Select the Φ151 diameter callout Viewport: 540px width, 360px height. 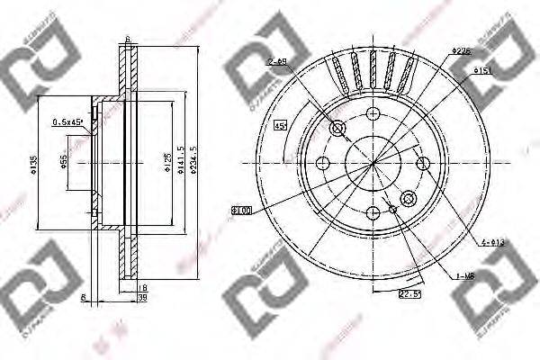coord(458,69)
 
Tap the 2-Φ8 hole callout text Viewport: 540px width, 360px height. coord(276,61)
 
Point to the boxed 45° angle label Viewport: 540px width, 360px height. coord(280,125)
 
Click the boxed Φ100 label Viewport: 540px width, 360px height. coord(240,210)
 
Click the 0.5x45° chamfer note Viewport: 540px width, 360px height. coord(68,122)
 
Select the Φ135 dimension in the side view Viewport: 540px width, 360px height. coord(33,164)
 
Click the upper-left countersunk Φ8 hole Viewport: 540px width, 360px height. coord(338,129)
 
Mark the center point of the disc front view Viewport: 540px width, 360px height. coord(373,163)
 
